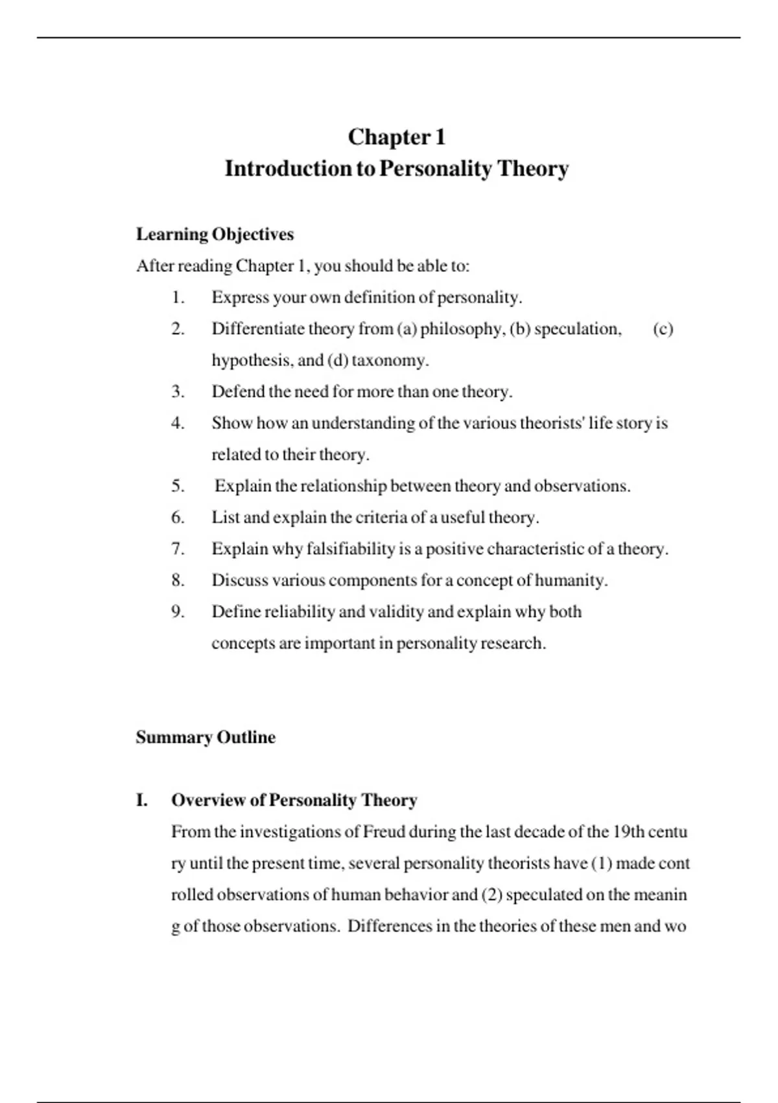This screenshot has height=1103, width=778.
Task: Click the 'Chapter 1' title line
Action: coord(397,137)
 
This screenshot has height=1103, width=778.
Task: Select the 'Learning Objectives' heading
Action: coord(215,234)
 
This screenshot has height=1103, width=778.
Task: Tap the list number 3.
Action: coord(178,392)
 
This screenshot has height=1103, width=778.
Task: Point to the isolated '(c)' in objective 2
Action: coord(663,329)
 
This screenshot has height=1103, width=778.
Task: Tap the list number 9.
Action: coord(178,612)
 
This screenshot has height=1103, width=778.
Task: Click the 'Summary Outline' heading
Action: coord(206,738)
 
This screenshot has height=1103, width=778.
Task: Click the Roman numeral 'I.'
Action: coord(142,801)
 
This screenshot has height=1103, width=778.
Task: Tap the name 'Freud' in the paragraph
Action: coord(384,832)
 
